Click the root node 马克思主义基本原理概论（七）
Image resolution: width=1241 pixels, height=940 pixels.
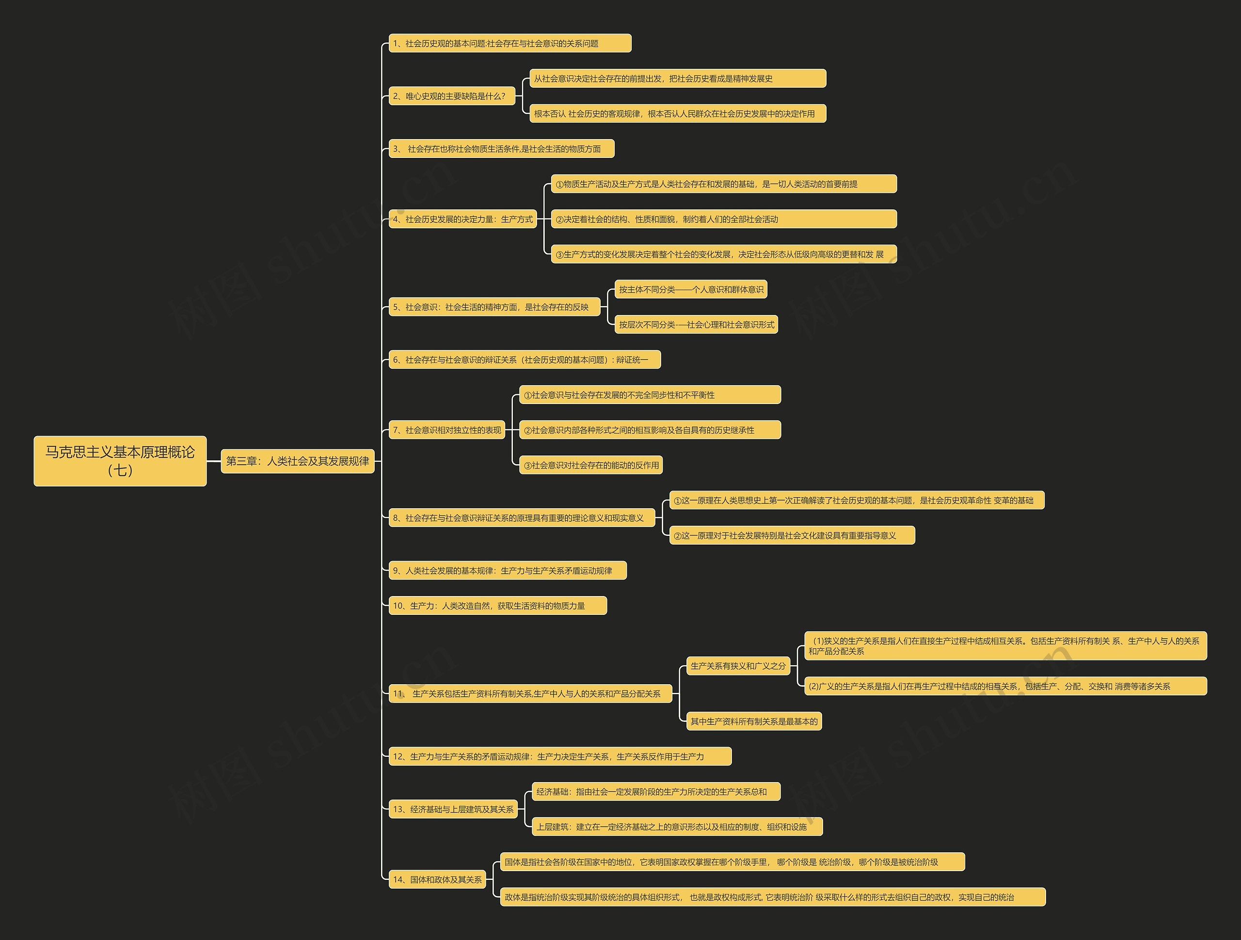pyautogui.click(x=120, y=460)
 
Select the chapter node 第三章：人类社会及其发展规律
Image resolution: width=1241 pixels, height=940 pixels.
pyautogui.click(x=297, y=461)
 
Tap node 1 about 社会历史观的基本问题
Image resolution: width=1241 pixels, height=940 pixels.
pyautogui.click(x=509, y=43)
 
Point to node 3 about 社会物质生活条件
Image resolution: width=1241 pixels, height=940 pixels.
pyautogui.click(x=501, y=149)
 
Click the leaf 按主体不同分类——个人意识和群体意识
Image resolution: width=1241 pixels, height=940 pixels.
pyautogui.click(x=691, y=289)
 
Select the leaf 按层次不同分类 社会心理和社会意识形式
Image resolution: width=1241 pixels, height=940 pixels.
pyautogui.click(x=696, y=325)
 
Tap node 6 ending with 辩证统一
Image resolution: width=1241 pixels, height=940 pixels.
pyautogui.click(x=525, y=360)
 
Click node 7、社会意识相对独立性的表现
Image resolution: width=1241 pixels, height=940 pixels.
pyautogui.click(x=446, y=430)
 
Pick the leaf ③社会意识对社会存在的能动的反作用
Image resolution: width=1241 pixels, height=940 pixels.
pyautogui.click(x=591, y=465)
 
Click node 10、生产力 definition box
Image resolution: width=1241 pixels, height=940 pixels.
pyautogui.click(x=497, y=606)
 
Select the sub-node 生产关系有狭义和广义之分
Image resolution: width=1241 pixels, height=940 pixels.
pyautogui.click(x=738, y=666)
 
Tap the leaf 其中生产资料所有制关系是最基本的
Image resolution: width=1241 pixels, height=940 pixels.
pyautogui.click(x=753, y=721)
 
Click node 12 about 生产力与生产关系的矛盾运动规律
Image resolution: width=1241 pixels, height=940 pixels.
pyautogui.click(x=559, y=756)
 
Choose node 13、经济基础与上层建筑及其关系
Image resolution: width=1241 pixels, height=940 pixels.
pyautogui.click(x=453, y=809)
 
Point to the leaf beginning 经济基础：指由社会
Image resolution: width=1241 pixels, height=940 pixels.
pyautogui.click(x=655, y=791)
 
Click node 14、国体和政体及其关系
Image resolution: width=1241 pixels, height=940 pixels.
pyautogui.click(x=437, y=879)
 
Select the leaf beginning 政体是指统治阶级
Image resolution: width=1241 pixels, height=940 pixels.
pyautogui.click(x=772, y=897)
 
